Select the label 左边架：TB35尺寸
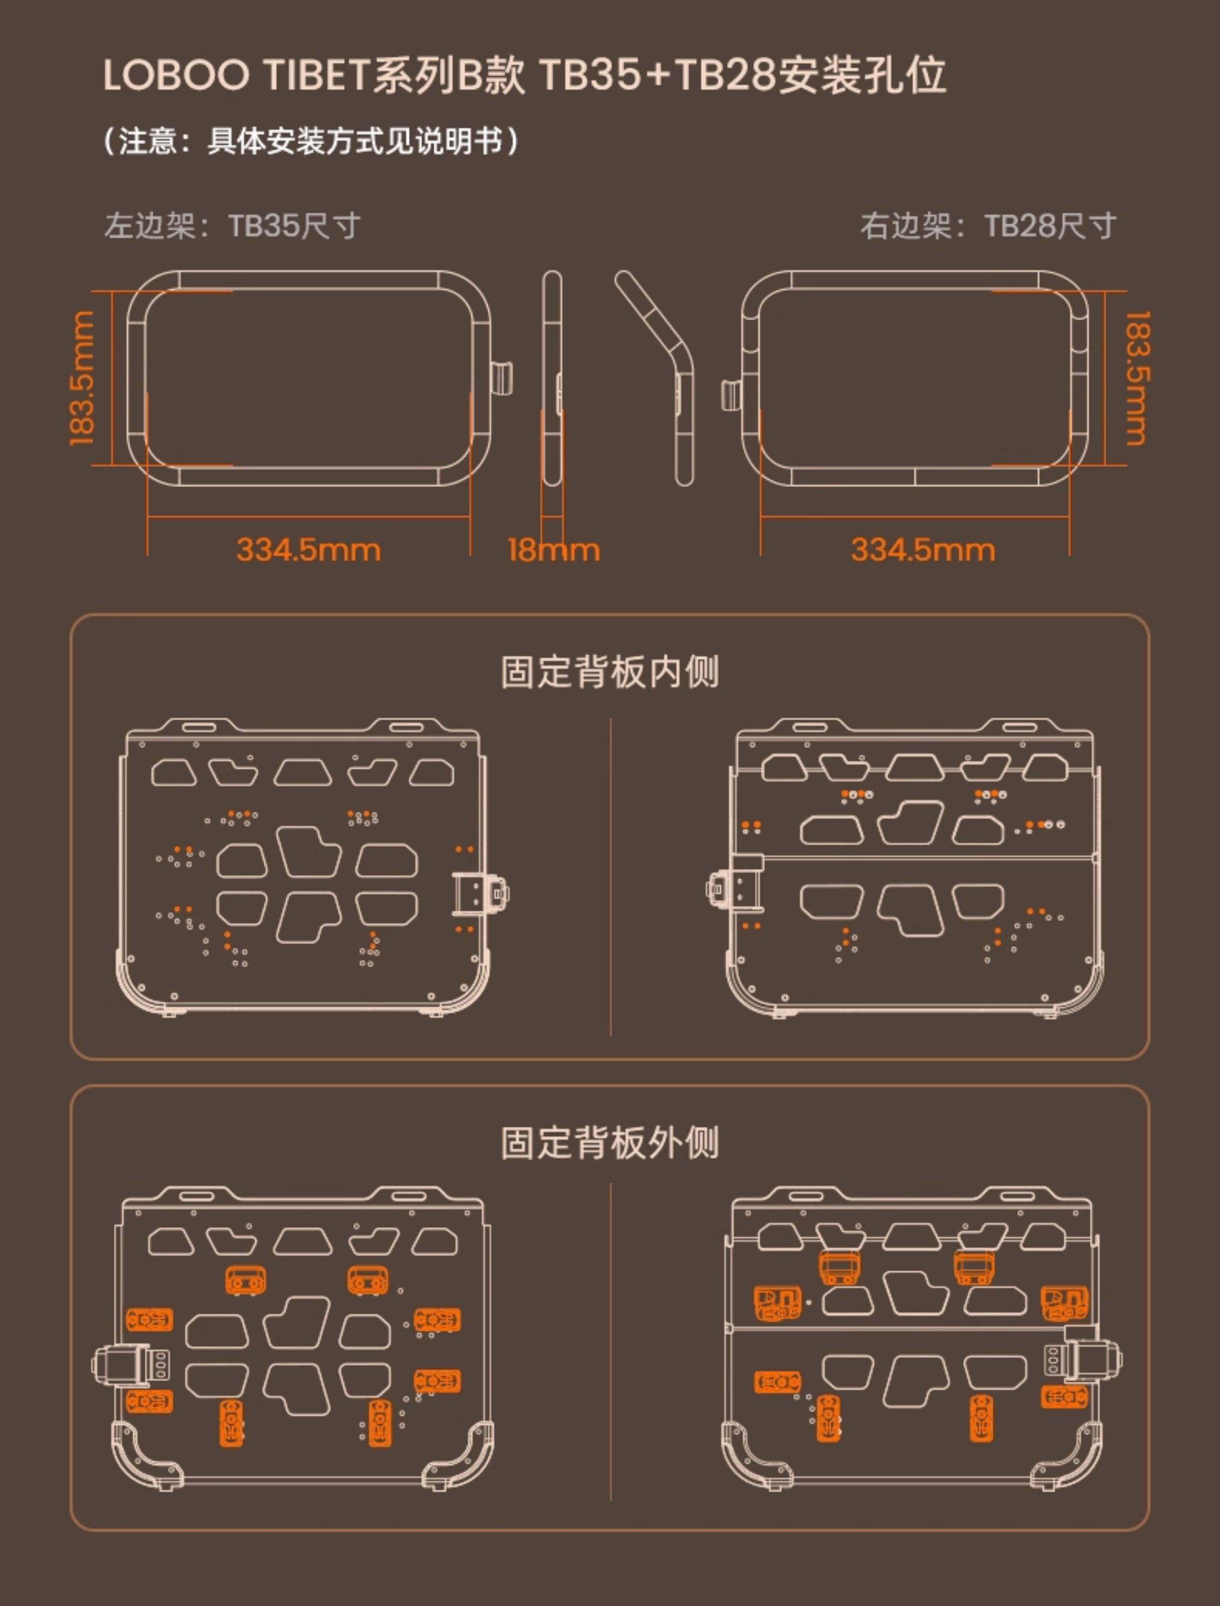[x=232, y=226]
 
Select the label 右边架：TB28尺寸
[x=988, y=226]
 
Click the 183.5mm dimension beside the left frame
[x=81, y=378]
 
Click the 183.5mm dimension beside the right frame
[x=1137, y=378]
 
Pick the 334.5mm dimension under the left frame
[x=308, y=550]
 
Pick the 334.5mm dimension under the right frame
[x=923, y=550]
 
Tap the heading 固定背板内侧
[x=610, y=672]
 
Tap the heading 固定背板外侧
[x=610, y=1143]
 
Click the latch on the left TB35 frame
[x=501, y=378]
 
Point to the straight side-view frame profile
[x=552, y=378]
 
